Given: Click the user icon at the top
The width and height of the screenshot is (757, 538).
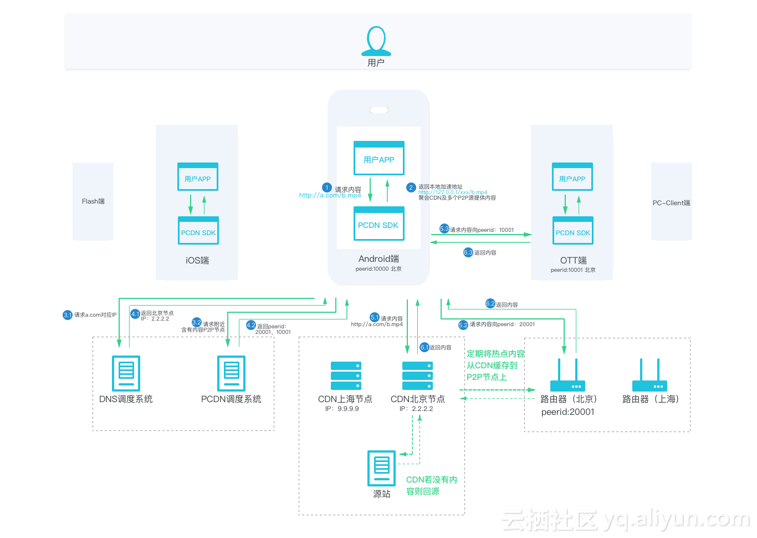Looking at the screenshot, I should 376,41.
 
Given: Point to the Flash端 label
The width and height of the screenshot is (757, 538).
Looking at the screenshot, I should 93,201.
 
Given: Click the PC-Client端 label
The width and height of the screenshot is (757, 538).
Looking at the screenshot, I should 671,203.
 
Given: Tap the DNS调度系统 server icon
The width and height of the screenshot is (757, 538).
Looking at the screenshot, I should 126,373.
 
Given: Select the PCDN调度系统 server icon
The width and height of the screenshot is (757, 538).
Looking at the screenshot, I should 231,373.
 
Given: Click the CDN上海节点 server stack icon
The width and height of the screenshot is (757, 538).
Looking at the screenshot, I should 346,375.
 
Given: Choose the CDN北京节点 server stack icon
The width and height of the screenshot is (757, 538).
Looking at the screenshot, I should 417,375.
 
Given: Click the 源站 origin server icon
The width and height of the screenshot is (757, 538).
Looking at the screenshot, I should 382,468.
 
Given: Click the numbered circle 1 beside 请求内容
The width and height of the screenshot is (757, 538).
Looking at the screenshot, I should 327,188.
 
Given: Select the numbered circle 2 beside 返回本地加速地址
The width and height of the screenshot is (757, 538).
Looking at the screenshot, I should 411,187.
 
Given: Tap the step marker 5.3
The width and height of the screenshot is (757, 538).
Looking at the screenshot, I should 444,229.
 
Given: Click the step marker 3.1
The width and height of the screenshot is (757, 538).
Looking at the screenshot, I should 68,315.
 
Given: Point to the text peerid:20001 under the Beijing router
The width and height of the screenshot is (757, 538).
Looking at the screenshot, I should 567,412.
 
